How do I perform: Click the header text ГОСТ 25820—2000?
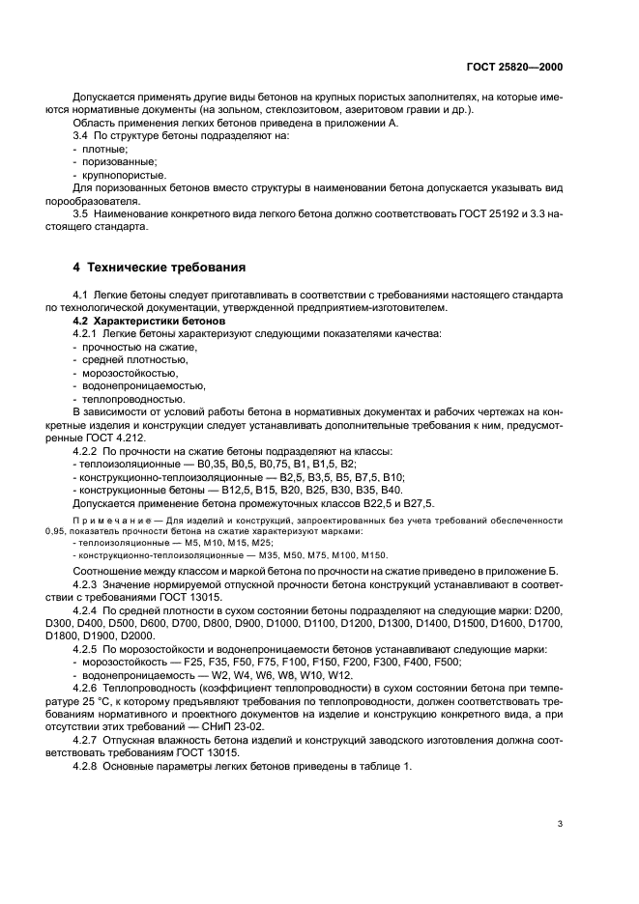pos(515,68)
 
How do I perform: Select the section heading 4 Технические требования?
pos(161,267)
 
